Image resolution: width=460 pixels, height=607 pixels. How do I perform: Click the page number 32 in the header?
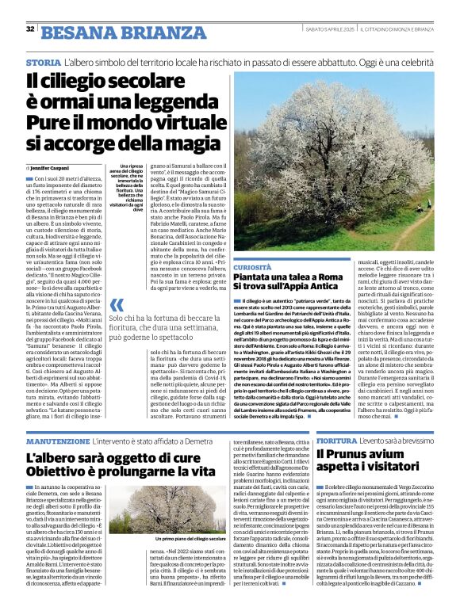[x=30, y=29]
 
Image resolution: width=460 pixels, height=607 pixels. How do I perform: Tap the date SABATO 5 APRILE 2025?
[x=326, y=29]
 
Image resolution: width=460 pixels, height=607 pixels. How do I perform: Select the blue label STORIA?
[x=43, y=62]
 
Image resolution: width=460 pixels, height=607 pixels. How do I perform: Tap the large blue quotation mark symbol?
[x=117, y=304]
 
